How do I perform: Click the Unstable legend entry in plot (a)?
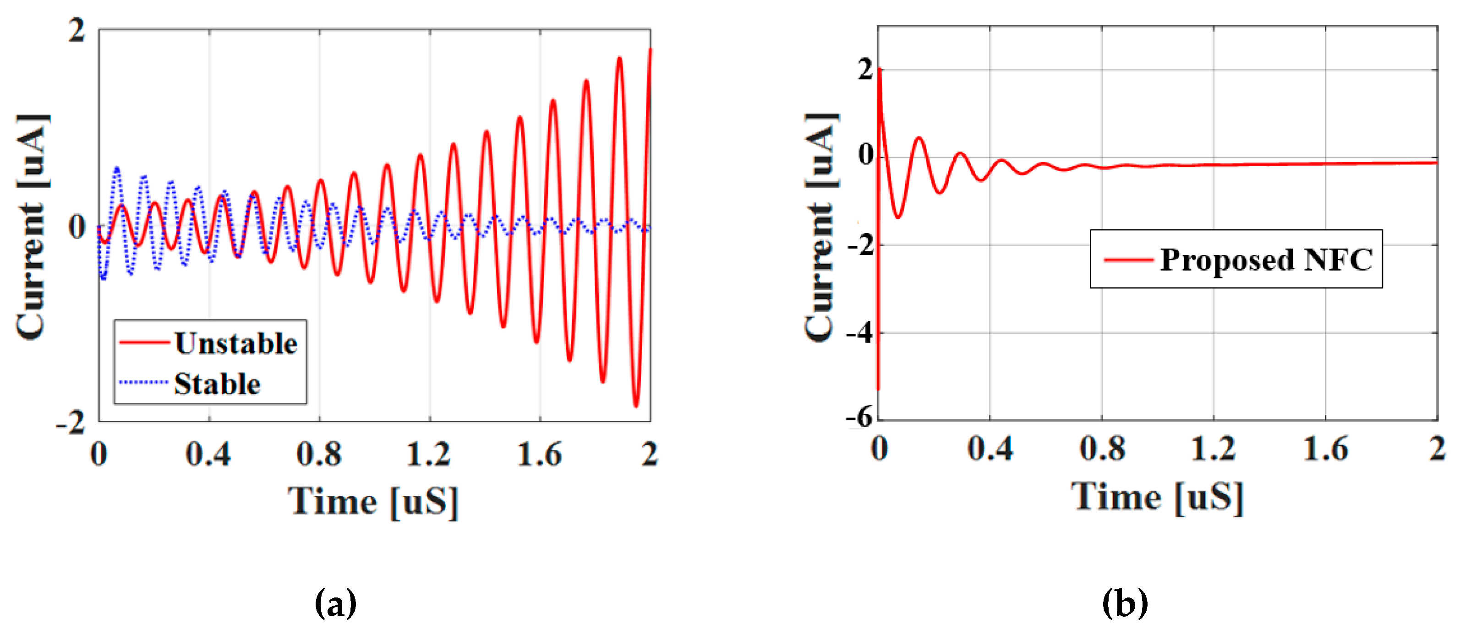235,344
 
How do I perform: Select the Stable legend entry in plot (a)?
217,384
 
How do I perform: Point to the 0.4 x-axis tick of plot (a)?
208,454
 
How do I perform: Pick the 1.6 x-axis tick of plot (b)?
1325,449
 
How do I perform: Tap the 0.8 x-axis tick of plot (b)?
1102,449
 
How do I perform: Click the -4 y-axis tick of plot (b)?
860,333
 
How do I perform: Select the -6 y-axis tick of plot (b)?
859,418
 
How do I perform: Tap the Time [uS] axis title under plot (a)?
373,502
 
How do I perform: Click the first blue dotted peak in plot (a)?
117,169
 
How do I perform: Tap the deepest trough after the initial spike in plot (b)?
898,217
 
